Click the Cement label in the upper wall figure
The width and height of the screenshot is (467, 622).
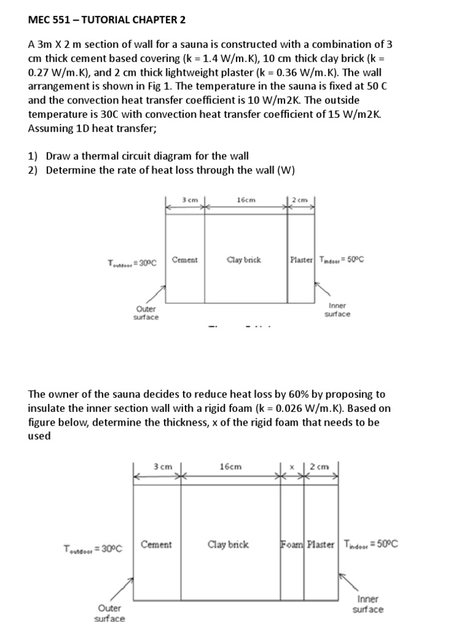click(185, 260)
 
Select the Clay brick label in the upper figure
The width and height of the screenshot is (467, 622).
click(244, 260)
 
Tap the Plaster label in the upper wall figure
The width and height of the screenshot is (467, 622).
click(301, 260)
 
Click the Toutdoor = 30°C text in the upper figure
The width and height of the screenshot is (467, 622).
click(132, 263)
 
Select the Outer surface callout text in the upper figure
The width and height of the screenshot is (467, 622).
click(146, 313)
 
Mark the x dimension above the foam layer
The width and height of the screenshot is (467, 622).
click(292, 466)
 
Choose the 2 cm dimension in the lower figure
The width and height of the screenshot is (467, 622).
click(319, 466)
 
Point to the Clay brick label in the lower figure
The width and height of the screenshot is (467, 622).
click(228, 544)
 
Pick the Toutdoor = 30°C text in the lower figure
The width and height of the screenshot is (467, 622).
click(93, 549)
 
